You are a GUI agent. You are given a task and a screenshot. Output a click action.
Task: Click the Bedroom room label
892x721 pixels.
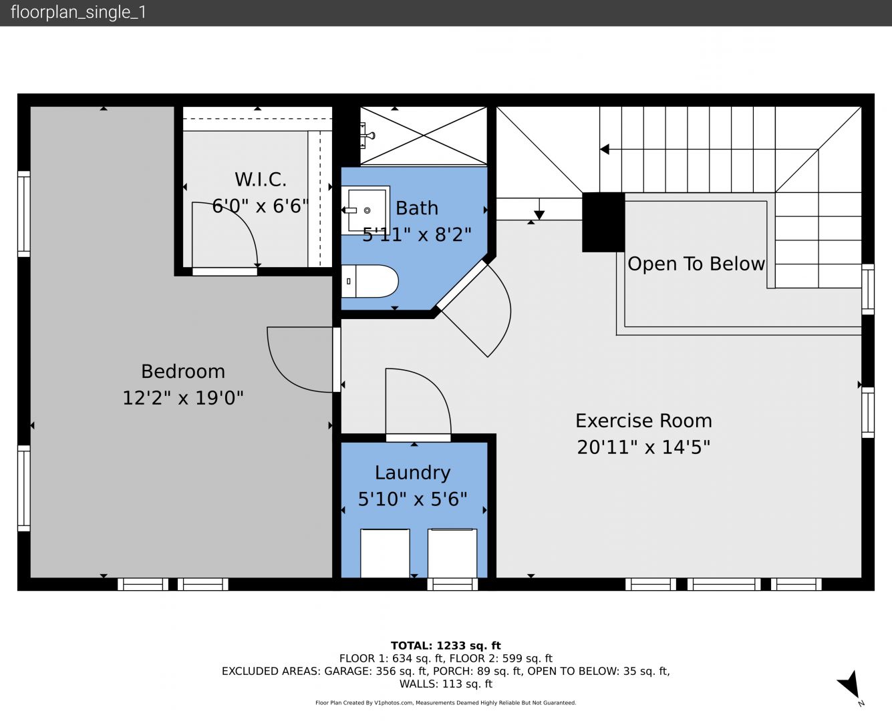(x=183, y=372)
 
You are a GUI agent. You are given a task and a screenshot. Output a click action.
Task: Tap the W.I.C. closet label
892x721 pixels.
(x=261, y=180)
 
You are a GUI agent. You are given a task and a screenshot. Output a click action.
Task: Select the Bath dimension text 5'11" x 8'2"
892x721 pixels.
(x=417, y=234)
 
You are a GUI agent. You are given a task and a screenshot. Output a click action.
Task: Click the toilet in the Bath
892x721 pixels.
(x=369, y=281)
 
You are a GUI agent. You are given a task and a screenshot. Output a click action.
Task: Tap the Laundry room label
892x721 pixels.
(x=412, y=473)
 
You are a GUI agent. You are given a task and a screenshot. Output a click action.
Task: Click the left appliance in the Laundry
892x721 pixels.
(x=385, y=553)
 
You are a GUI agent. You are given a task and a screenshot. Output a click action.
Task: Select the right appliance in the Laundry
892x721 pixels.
(x=452, y=553)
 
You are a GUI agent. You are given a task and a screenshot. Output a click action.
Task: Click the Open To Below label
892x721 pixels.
(x=696, y=264)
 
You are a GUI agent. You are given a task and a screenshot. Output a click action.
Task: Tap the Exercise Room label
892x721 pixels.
(x=643, y=421)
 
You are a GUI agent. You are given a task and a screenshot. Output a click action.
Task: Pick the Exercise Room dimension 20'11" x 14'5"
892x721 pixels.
(x=643, y=447)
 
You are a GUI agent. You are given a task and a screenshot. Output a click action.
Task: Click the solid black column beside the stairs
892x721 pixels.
(x=603, y=222)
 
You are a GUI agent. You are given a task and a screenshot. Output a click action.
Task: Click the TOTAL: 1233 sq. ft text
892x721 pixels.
(x=446, y=646)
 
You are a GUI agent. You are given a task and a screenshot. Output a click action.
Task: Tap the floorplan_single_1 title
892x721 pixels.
(x=78, y=13)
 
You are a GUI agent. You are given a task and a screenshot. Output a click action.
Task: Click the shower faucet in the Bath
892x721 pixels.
(x=369, y=135)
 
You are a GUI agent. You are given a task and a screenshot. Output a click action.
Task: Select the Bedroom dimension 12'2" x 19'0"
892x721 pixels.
(x=183, y=398)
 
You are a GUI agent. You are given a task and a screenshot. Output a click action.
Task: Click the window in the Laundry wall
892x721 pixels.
(x=452, y=584)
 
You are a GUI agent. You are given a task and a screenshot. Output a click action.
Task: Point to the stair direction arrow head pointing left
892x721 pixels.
(x=605, y=149)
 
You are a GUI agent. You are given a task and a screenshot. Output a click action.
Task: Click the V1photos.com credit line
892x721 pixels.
(x=446, y=702)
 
